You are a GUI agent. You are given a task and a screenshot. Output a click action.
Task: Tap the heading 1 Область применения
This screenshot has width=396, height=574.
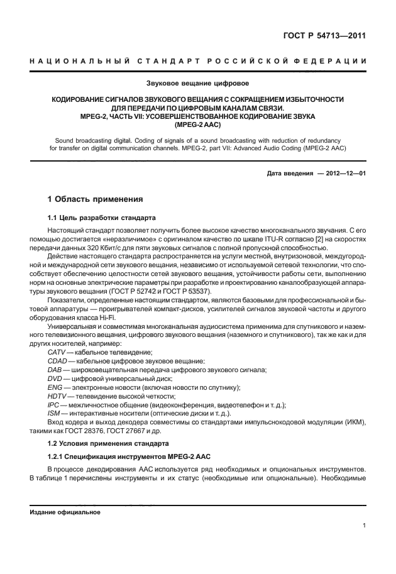click(x=96, y=200)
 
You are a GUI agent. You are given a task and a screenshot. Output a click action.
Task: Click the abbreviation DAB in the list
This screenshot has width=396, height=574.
click(x=55, y=372)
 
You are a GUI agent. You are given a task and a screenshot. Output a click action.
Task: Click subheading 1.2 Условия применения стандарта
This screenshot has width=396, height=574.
click(x=101, y=443)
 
